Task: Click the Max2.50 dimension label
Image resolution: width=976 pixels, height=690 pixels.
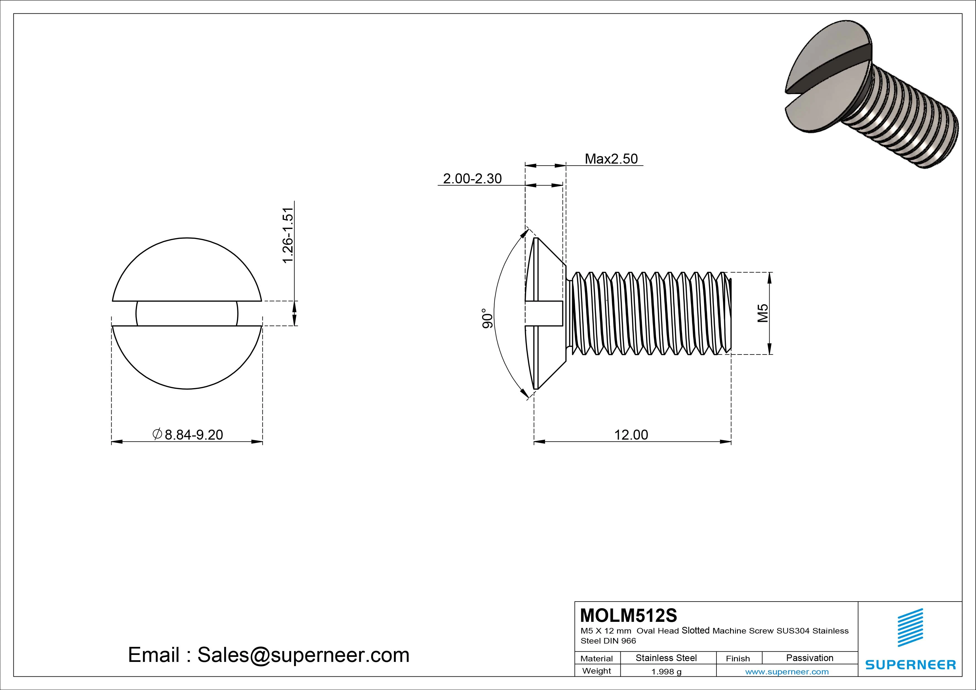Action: [x=611, y=159]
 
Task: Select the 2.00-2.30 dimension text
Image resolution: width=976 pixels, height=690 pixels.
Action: [x=472, y=179]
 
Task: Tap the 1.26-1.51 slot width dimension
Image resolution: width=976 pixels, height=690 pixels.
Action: [x=288, y=235]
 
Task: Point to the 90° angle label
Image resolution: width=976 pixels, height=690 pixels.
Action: [x=487, y=318]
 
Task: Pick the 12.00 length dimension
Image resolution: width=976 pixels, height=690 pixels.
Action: [x=631, y=435]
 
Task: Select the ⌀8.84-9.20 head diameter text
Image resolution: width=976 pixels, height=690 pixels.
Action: [x=188, y=435]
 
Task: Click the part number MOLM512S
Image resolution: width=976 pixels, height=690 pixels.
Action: [x=628, y=615]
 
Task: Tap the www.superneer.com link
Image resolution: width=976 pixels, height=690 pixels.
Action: [x=787, y=672]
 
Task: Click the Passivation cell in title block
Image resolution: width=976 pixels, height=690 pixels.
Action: [x=809, y=658]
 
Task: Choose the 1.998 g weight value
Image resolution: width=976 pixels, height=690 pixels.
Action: [x=666, y=672]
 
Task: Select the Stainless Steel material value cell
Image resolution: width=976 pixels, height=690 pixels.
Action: [x=666, y=658]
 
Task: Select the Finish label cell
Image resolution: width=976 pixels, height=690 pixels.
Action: [x=738, y=658]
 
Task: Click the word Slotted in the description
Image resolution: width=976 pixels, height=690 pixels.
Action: [x=696, y=630]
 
